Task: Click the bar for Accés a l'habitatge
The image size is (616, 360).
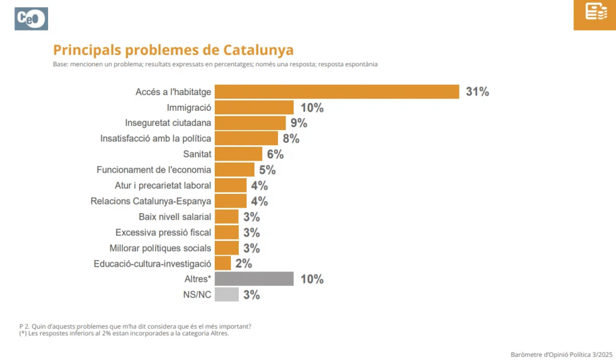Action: pos(337,92)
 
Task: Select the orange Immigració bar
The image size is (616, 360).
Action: pos(254,107)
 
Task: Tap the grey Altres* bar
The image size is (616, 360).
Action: pos(254,279)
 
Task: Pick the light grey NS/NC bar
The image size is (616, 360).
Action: pos(226,294)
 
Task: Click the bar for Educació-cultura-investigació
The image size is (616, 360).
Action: pos(223,263)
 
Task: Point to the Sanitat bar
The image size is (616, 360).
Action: pos(238,154)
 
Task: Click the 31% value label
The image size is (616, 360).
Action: pos(477,92)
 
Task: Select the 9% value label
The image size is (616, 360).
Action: pos(299,123)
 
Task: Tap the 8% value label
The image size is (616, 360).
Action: pos(291,139)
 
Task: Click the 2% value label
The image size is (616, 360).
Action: pos(244,264)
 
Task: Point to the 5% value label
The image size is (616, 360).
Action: pos(267,170)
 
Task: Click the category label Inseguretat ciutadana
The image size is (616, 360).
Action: pos(168,123)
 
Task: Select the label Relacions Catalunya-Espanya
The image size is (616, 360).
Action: pos(150,201)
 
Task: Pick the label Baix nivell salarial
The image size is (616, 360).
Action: pos(174,217)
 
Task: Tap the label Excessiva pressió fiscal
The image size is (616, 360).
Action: pos(163,232)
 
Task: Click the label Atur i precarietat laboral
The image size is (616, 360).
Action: pos(162,185)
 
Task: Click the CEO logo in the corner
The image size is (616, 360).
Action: pos(31,19)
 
